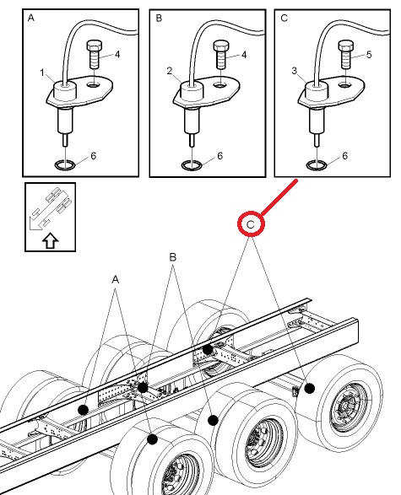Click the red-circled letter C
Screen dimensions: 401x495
(250, 224)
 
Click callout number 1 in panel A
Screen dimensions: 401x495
(42, 73)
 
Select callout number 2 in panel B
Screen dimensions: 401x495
(170, 71)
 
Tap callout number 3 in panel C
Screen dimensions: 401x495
(294, 71)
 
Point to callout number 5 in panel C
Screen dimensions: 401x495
(369, 55)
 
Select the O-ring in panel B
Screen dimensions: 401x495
(192, 164)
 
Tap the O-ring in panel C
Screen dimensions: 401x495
(317, 164)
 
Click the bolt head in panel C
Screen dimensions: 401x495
(345, 46)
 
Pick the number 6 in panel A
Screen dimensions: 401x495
(93, 156)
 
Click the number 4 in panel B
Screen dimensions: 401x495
(244, 55)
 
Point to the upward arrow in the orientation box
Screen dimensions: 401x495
(51, 241)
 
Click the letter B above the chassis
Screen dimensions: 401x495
(172, 257)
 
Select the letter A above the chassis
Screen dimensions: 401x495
(116, 279)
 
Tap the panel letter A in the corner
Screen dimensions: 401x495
(31, 18)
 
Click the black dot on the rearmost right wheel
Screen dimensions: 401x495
(310, 388)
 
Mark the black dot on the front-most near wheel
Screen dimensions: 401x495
(152, 439)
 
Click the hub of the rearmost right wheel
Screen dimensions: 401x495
(348, 406)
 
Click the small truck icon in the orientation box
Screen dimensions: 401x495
(51, 208)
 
